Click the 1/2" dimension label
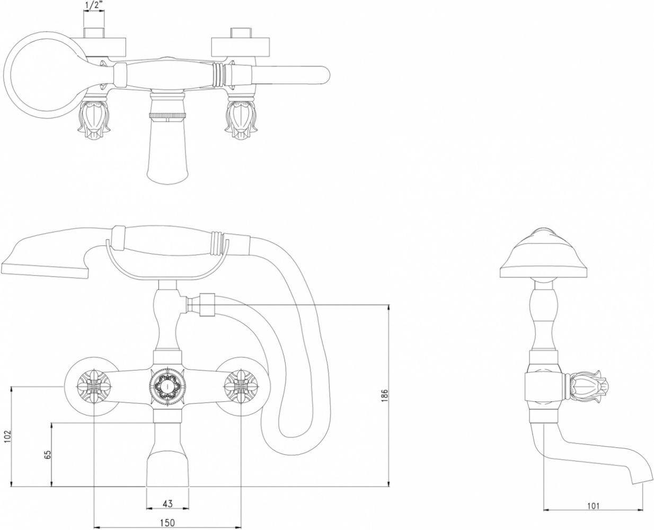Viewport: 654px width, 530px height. [x=94, y=6]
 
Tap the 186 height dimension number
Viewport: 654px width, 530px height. [x=384, y=395]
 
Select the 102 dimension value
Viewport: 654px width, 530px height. [x=7, y=436]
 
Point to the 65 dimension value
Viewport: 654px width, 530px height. [x=48, y=455]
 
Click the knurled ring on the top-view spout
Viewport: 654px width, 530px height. [x=167, y=116]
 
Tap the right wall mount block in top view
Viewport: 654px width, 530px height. [x=241, y=47]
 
